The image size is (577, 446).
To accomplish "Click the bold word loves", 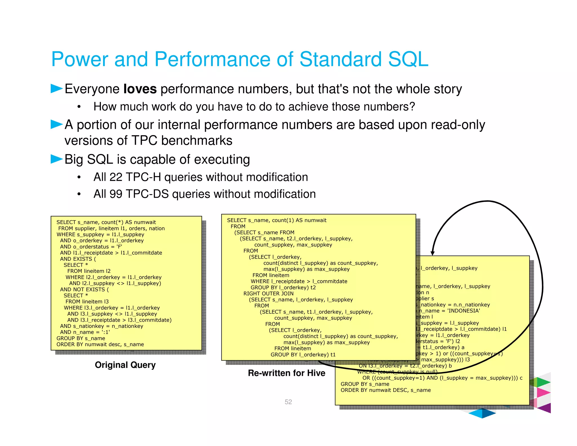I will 140,89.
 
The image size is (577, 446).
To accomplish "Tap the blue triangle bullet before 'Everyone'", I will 56,89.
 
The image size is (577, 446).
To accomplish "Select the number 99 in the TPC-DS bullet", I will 116,194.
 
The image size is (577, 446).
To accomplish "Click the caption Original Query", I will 125,365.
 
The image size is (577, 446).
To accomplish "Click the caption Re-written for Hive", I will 286,373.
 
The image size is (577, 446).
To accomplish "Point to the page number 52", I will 288,402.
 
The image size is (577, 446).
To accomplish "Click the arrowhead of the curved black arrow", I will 432,253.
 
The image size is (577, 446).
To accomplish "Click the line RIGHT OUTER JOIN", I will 268,293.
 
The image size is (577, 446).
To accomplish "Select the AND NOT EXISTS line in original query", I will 84,290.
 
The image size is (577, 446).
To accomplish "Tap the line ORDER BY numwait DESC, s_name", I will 385,390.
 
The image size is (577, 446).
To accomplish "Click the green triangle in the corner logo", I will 543,382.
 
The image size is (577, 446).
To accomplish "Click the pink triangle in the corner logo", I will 543,392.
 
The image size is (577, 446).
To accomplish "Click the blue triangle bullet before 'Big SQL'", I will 56,159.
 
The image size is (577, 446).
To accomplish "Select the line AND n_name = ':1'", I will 85,332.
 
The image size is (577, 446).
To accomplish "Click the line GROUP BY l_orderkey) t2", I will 283,288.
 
